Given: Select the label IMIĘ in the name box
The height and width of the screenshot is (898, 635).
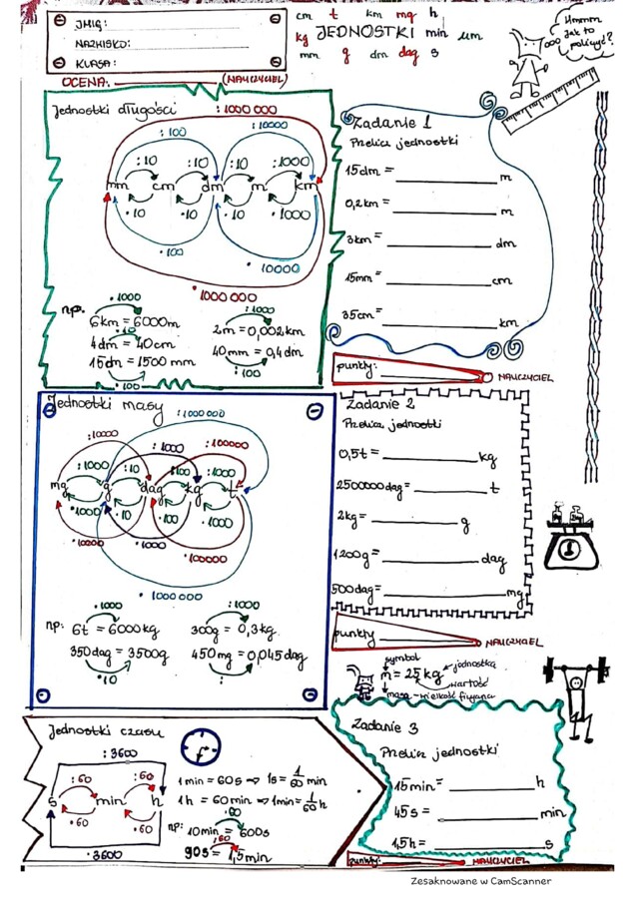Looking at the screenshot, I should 90,23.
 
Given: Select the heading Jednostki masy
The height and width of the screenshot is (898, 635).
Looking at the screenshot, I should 100,408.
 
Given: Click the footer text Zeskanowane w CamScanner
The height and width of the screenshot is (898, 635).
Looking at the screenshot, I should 480,881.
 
